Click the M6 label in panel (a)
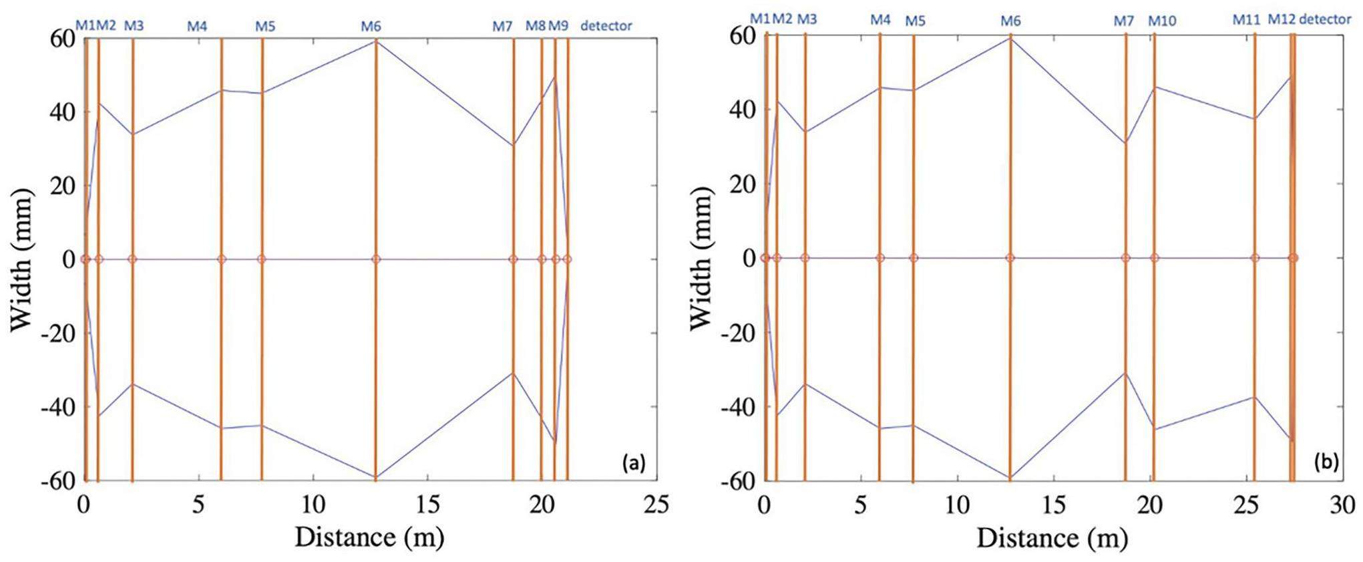371,26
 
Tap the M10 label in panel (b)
1162,21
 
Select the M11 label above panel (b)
1246,20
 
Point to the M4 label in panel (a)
197,26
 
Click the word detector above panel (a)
606,26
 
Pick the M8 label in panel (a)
536,26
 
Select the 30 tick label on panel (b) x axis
1342,505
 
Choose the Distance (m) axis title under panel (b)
1052,537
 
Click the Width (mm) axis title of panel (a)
21,259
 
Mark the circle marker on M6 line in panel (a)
376,259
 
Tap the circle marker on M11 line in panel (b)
1255,258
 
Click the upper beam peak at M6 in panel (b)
1010,38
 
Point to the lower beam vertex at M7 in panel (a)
513,373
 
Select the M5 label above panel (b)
915,21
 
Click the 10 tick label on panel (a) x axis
313,505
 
